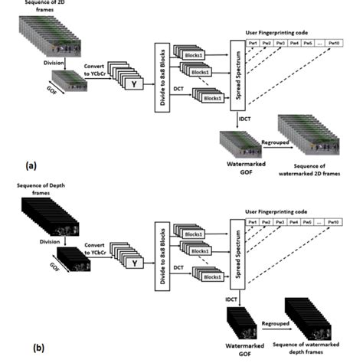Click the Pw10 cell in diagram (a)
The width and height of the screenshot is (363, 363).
pyautogui.click(x=335, y=44)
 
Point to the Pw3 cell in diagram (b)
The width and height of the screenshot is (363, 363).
pyautogui.click(x=280, y=222)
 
